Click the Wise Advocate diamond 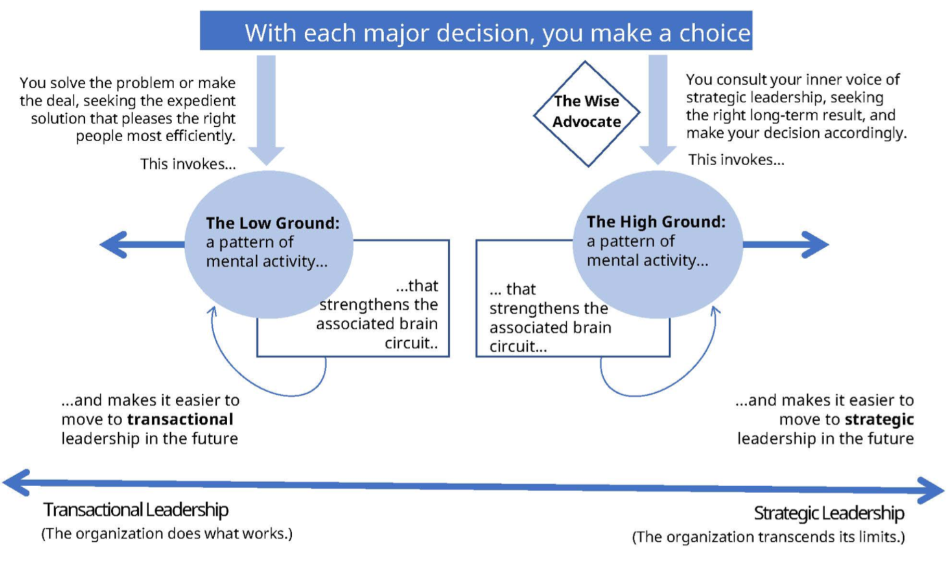587,113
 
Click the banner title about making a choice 497,33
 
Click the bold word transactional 180,419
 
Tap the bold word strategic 879,419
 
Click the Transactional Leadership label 135,510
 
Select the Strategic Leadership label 829,513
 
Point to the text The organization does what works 167,533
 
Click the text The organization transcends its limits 768,537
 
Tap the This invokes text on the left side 188,164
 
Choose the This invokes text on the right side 736,160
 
